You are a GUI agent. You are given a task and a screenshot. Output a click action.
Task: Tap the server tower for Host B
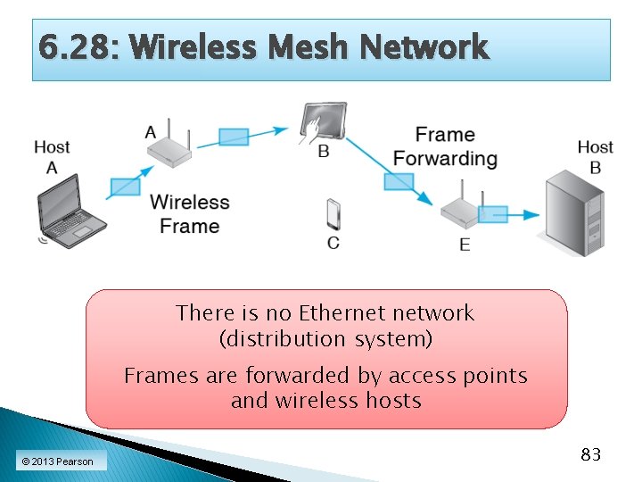click(x=574, y=215)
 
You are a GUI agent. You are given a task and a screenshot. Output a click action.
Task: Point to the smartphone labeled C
click(x=333, y=215)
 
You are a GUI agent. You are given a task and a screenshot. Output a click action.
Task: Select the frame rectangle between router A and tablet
click(x=234, y=136)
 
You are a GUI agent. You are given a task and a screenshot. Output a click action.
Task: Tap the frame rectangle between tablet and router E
click(x=398, y=181)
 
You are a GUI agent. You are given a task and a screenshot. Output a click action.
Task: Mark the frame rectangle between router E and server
click(x=492, y=214)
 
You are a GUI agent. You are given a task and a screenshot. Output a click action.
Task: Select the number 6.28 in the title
click(x=67, y=47)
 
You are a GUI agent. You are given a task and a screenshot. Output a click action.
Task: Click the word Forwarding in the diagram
click(x=445, y=159)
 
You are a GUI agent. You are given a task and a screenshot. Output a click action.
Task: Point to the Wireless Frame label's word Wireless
click(x=190, y=203)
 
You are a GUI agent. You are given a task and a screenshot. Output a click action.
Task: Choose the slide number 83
click(x=590, y=455)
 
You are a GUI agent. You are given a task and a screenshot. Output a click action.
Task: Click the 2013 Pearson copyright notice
click(x=57, y=461)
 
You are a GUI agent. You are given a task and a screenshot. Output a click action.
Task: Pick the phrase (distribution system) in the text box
click(x=325, y=339)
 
